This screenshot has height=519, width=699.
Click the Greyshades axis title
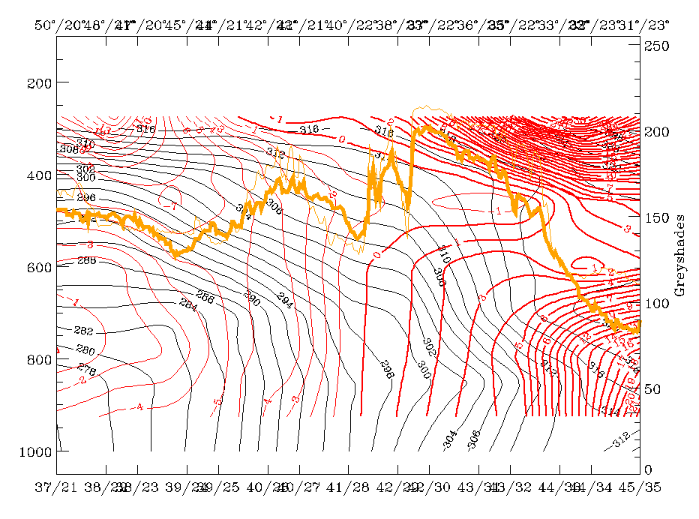[x=679, y=255]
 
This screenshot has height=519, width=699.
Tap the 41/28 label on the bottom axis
[x=347, y=487]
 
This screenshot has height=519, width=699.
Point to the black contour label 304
[x=449, y=441]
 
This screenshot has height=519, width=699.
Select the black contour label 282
[x=84, y=331]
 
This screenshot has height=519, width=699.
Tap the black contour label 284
[x=187, y=303]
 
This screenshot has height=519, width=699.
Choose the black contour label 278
[x=87, y=368]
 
